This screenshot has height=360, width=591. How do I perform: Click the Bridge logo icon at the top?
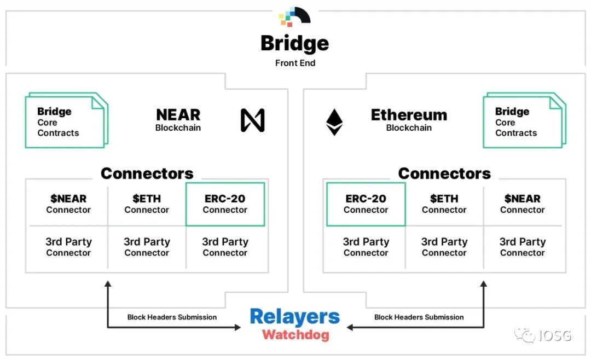click(295, 16)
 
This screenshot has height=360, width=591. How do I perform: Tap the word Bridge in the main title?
click(295, 44)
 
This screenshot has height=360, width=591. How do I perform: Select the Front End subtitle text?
click(295, 63)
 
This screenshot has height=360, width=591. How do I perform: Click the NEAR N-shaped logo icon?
click(252, 120)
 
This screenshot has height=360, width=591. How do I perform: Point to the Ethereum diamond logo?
click(334, 122)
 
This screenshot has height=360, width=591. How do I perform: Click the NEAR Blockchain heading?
click(178, 120)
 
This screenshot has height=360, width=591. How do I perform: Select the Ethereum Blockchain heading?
click(409, 120)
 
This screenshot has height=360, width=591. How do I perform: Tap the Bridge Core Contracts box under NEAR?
click(67, 120)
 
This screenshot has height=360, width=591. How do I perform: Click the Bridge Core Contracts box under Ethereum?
click(525, 120)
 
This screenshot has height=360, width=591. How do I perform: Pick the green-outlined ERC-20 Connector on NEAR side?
click(225, 204)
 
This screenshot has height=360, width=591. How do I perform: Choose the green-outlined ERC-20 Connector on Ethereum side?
click(366, 204)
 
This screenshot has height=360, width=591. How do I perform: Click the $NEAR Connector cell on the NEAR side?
click(68, 204)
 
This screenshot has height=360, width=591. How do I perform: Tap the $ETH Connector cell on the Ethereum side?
click(444, 204)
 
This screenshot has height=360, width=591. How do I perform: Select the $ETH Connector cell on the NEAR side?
click(147, 204)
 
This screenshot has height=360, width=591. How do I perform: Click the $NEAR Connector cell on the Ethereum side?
click(523, 204)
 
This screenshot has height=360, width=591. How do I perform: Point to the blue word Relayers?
click(295, 317)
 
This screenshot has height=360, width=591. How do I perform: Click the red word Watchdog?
click(296, 335)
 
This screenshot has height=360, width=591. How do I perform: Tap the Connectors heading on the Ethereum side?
click(444, 173)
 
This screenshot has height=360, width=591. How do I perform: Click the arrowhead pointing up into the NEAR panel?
click(108, 284)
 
